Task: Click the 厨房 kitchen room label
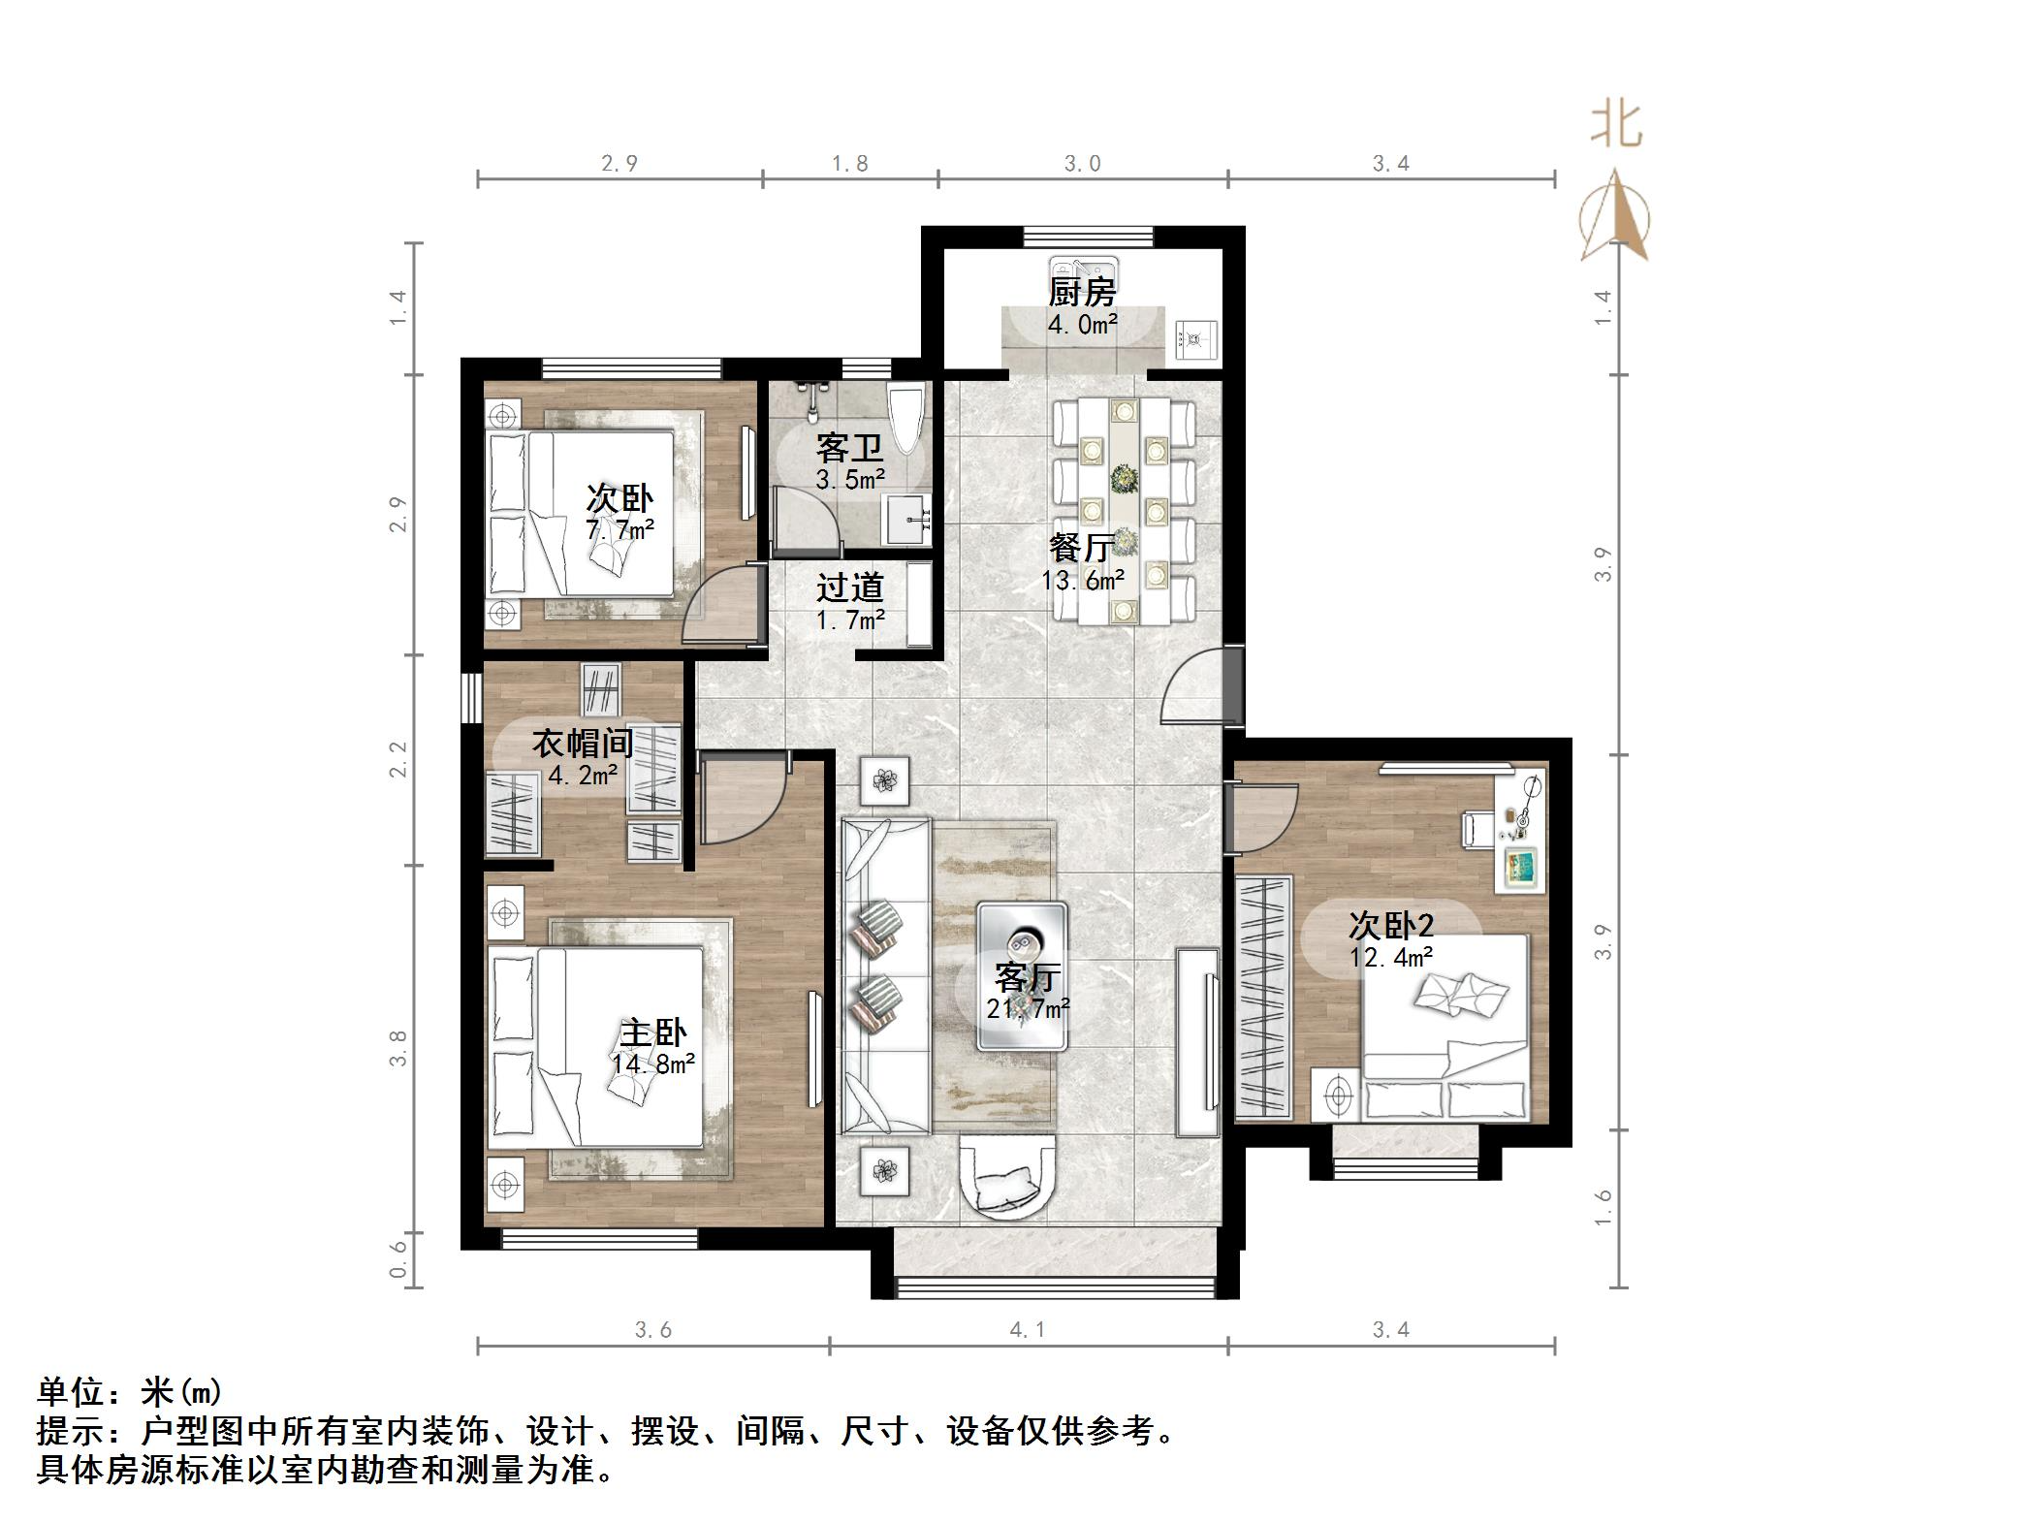1082,292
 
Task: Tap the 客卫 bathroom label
849,448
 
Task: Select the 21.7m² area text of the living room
1028,1009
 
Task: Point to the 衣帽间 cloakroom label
583,744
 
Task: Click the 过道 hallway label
849,587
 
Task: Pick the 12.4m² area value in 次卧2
1391,958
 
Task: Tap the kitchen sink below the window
1083,269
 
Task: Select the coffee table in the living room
1022,975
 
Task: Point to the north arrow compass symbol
1614,217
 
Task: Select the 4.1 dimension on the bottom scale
1027,1330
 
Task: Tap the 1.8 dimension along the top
849,164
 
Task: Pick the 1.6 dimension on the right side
1603,1208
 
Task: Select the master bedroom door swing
739,803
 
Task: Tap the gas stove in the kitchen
1194,339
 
